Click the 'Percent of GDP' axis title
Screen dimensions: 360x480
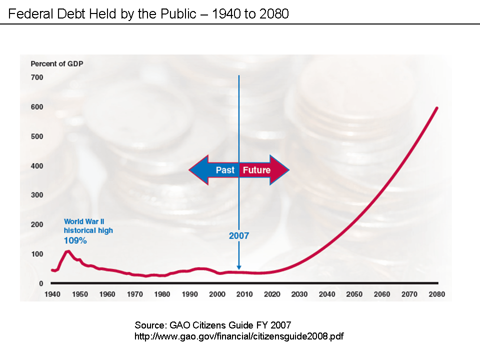tap(57, 63)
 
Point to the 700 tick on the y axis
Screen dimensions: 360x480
tap(37, 77)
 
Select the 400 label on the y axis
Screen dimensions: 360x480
tap(37, 166)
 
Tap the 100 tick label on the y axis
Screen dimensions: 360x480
tap(37, 254)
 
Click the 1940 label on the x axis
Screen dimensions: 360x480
tap(52, 294)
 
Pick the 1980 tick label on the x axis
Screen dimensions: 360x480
tap(162, 294)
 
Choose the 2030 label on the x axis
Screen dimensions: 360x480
tap(299, 294)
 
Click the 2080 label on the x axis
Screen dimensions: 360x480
tap(436, 294)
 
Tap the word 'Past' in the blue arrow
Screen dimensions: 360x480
tap(225, 170)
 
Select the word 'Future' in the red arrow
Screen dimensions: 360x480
tap(256, 170)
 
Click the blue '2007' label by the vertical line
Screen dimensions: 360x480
tap(238, 235)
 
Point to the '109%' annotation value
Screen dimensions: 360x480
tap(75, 240)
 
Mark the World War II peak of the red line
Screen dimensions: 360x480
tap(68, 251)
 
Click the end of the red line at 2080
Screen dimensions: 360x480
tap(437, 108)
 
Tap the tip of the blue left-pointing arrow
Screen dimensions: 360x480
tap(189, 170)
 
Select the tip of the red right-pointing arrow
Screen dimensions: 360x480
tap(288, 170)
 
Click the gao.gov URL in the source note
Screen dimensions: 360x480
tap(239, 336)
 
